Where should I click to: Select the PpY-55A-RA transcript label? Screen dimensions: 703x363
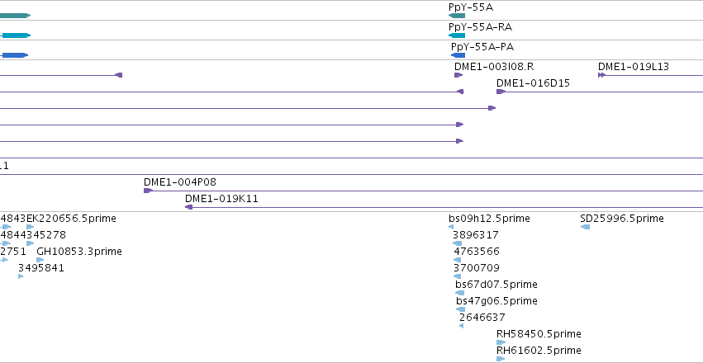[480, 27]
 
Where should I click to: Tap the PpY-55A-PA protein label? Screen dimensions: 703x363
[482, 47]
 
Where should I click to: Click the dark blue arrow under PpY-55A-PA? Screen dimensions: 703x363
[458, 55]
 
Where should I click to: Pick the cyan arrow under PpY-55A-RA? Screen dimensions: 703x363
[457, 35]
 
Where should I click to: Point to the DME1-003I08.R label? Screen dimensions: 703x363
[494, 67]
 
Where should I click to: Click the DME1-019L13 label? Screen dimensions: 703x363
[633, 67]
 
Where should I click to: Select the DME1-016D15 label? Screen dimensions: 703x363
[533, 83]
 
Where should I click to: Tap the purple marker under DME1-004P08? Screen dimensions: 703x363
[148, 191]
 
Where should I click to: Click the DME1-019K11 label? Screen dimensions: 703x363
[222, 199]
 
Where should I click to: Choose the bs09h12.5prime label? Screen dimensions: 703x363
[489, 219]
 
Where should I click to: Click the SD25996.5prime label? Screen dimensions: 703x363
[622, 219]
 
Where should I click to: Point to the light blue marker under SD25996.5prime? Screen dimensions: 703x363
[585, 227]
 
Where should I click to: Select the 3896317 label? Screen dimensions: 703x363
[476, 235]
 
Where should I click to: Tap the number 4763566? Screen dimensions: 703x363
[477, 252]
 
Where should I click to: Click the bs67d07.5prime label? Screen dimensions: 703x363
[496, 285]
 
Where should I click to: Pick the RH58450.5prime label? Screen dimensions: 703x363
[539, 334]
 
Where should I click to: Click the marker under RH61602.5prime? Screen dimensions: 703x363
[501, 359]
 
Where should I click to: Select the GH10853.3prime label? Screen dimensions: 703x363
[79, 252]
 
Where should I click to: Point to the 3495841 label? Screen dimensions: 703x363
[41, 268]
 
